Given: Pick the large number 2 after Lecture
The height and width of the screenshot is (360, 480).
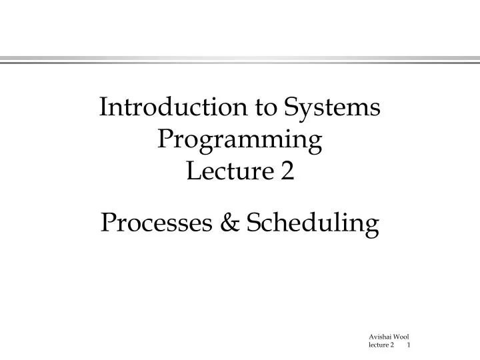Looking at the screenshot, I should pyautogui.click(x=287, y=172).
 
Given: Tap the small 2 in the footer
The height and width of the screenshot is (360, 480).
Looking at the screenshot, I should pyautogui.click(x=393, y=345).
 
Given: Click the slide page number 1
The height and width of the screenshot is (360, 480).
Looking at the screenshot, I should pyautogui.click(x=408, y=345).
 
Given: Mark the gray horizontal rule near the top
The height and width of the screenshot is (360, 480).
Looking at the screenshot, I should pyautogui.click(x=240, y=60).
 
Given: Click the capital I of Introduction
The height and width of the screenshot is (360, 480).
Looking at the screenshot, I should pyautogui.click(x=103, y=108).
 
